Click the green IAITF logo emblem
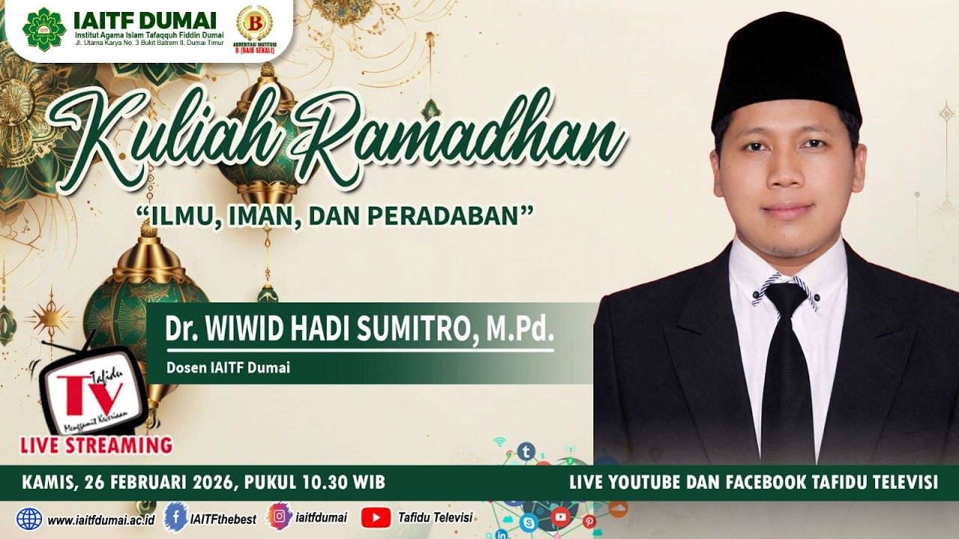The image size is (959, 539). [x=44, y=28]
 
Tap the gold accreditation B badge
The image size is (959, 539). [x=254, y=24]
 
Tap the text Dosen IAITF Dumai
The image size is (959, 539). [x=228, y=368]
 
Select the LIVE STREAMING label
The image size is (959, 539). [x=96, y=445]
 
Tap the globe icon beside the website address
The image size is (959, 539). [x=29, y=518]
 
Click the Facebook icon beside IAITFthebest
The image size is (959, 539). [x=175, y=517]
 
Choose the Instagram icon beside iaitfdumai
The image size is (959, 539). [x=279, y=517]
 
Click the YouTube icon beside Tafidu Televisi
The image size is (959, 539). [x=375, y=517]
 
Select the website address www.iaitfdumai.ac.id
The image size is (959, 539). [x=100, y=519]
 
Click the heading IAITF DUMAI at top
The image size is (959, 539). [x=145, y=19]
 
